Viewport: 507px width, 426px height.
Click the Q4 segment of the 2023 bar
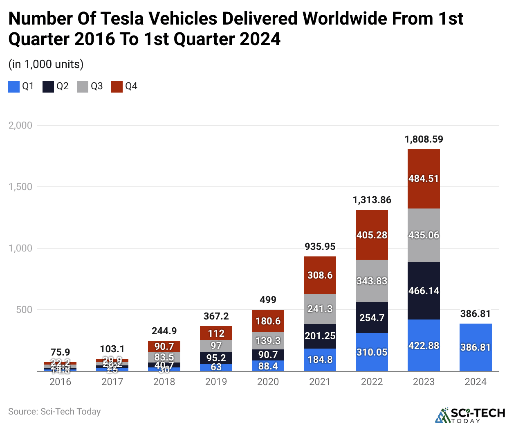coord(424,179)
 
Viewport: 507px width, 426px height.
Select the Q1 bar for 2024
coord(476,347)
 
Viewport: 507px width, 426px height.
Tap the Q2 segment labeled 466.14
coord(424,291)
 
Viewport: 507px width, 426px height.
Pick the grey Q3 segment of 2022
coord(372,281)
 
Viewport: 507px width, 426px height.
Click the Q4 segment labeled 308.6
coord(320,275)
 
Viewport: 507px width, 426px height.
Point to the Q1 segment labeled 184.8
coord(320,360)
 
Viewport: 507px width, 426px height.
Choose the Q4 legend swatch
coord(117,86)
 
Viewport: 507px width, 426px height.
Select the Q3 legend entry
coord(90,86)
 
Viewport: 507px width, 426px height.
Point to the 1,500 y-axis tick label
coord(20,187)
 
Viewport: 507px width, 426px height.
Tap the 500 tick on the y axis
coord(24,310)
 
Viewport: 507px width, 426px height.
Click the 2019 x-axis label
coord(216,382)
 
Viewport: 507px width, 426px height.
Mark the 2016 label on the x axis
coord(60,382)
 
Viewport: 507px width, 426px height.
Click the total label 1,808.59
coord(424,139)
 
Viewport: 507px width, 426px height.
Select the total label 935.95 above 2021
coord(320,247)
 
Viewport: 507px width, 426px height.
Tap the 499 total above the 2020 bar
coord(268,300)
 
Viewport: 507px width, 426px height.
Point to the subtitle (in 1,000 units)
coord(46,64)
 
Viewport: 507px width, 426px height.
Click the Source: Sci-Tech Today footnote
coord(54,411)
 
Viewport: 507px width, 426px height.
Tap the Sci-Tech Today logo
coord(470,415)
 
